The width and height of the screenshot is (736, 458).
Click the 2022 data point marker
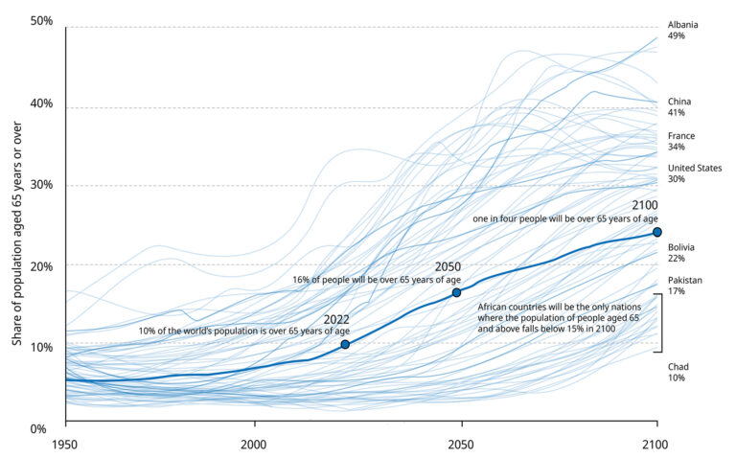(345, 344)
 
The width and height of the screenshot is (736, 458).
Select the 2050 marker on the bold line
(457, 292)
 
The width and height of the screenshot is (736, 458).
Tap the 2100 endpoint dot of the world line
(657, 232)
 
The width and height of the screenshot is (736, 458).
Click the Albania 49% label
(682, 30)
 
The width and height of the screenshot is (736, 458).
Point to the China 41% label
(679, 106)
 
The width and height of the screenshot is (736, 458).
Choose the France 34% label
(681, 142)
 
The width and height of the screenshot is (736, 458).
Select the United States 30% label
(695, 173)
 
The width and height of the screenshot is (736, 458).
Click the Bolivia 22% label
(681, 252)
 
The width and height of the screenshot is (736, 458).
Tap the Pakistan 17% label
(683, 285)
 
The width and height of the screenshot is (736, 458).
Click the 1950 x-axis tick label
(65, 446)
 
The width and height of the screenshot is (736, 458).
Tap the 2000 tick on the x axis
(255, 446)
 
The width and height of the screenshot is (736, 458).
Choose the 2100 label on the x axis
(656, 446)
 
